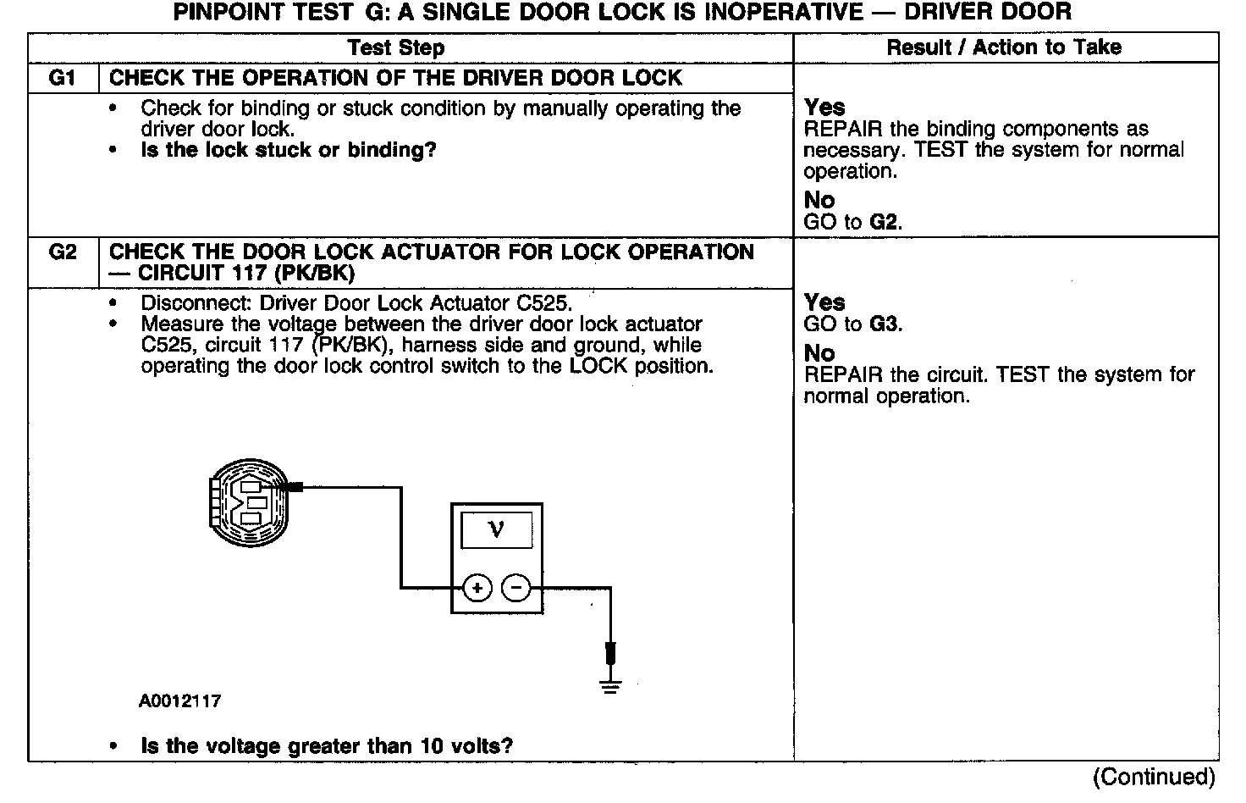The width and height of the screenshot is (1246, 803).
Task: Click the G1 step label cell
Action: point(63,78)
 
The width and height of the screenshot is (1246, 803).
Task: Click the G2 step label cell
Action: point(63,252)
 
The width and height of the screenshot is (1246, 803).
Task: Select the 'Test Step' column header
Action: point(396,47)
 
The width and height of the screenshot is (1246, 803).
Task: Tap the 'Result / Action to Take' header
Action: point(1004,47)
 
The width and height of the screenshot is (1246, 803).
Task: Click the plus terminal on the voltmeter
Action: point(477,588)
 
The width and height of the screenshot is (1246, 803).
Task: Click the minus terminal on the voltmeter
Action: point(516,588)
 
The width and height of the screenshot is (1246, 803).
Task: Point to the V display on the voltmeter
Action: point(496,530)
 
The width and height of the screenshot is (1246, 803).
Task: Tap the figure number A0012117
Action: point(180,701)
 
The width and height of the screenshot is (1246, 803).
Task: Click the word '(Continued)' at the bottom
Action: point(1154,777)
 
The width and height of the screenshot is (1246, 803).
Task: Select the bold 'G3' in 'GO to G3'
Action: point(885,324)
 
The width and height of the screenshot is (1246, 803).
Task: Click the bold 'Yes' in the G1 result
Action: point(824,108)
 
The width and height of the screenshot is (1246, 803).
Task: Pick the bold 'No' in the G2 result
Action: point(819,353)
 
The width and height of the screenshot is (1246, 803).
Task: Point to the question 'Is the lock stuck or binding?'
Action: point(288,151)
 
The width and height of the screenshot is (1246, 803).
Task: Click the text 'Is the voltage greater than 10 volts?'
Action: point(327,746)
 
